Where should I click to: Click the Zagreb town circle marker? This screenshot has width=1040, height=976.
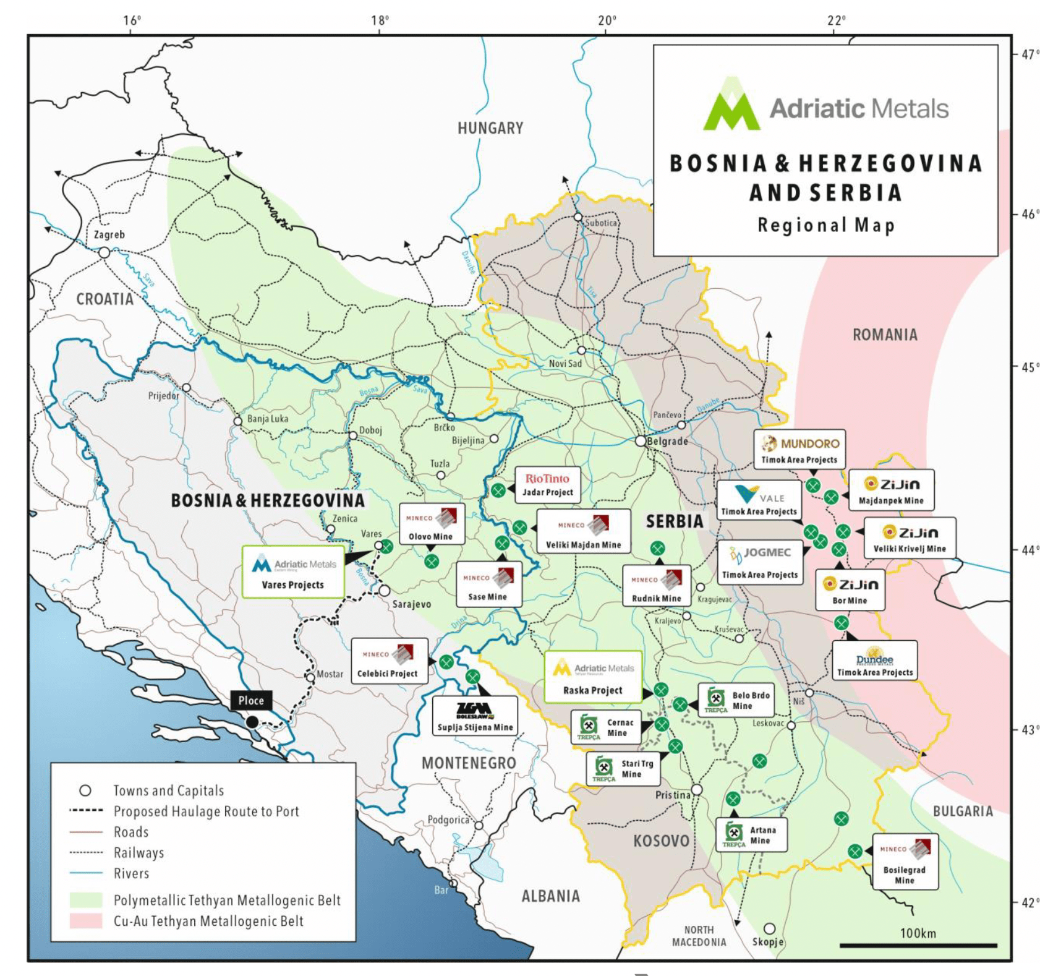pos(104,252)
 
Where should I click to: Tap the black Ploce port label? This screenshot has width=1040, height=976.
pos(251,700)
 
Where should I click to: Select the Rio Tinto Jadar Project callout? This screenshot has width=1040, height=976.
pos(547,485)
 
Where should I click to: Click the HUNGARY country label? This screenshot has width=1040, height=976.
pos(490,128)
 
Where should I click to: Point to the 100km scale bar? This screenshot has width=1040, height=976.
pos(918,944)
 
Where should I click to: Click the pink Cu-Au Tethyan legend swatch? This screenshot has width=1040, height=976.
pos(85,920)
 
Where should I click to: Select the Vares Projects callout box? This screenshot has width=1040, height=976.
pos(293,571)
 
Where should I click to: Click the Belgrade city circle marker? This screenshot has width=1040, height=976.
pos(641,441)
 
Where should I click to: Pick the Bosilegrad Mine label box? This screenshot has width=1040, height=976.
pos(905,862)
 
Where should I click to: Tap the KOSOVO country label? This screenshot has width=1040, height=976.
pos(661,841)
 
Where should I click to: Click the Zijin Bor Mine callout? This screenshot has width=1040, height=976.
pos(850,590)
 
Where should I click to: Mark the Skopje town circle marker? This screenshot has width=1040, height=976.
pos(769,928)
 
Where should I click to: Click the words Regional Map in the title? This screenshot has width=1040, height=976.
pos(826,225)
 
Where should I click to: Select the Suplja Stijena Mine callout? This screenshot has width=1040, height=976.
pos(475,716)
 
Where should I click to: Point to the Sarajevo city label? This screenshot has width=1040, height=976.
pos(412,604)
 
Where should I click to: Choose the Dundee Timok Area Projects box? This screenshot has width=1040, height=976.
pos(874,661)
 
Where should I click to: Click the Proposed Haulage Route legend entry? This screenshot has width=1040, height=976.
pos(206,811)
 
